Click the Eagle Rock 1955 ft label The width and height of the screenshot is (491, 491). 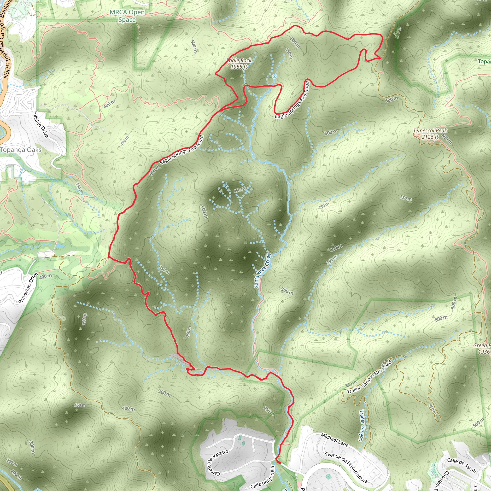coord(239,64)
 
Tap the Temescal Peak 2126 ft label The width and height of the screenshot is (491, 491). coord(430,134)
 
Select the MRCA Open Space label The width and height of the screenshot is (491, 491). coord(127,16)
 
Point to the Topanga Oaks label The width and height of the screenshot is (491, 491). coord(21,150)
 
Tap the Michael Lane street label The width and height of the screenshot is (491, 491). coord(334,440)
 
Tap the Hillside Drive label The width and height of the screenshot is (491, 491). coord(41,124)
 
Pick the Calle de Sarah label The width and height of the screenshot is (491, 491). coord(461,465)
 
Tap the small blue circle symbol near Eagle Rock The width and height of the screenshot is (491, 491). coord(275,76)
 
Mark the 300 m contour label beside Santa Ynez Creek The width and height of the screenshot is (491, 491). coord(287,291)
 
